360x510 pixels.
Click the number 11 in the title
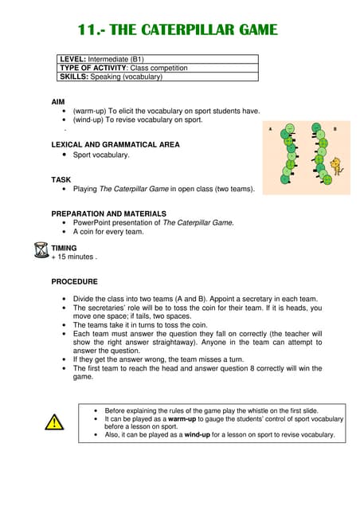pyautogui.click(x=86, y=30)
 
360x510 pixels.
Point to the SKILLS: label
pyautogui.click(x=74, y=76)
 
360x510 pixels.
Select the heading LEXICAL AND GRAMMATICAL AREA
pyautogui.click(x=115, y=145)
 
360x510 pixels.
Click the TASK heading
pyautogui.click(x=61, y=179)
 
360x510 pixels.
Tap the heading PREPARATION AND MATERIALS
pyautogui.click(x=108, y=214)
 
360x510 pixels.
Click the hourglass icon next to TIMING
pyautogui.click(x=41, y=250)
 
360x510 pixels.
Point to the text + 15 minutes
pyautogui.click(x=73, y=257)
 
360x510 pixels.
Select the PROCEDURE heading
pyautogui.click(x=75, y=281)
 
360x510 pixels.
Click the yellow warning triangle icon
pyautogui.click(x=53, y=423)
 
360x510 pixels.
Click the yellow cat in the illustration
pyautogui.click(x=336, y=167)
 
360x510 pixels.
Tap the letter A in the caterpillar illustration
pyautogui.click(x=271, y=128)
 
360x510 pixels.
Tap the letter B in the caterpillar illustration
pyautogui.click(x=335, y=128)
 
